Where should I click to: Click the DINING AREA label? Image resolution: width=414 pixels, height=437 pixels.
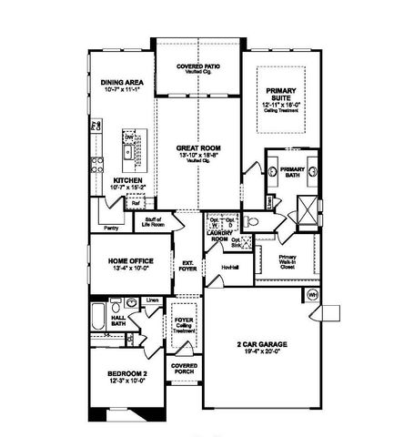(122, 82)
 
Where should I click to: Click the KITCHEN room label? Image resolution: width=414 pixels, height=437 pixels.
(125, 180)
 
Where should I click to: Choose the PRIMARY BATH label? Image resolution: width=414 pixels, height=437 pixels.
(292, 170)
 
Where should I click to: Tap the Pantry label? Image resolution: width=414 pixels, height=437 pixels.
(112, 229)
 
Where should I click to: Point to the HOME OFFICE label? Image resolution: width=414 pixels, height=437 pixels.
(126, 261)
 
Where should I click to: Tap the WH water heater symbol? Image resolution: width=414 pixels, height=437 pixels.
(312, 295)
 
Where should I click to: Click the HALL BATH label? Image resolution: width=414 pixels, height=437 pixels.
(117, 320)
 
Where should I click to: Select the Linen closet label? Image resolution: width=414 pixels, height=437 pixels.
(153, 300)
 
